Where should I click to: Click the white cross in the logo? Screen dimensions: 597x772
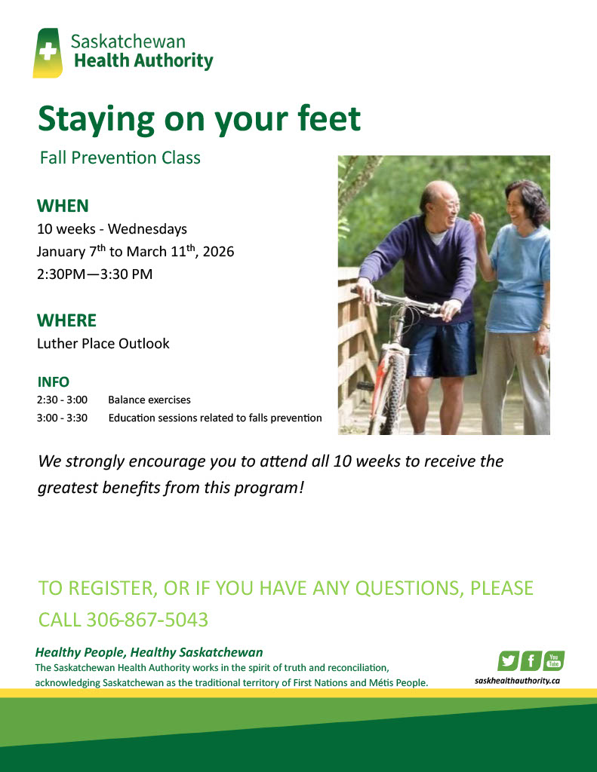click(x=48, y=51)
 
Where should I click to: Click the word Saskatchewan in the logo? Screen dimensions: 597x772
click(x=128, y=41)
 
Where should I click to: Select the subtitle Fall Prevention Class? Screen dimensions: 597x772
click(x=120, y=158)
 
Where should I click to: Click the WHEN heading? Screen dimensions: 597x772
click(x=63, y=206)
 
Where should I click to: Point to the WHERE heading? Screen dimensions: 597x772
click(x=66, y=320)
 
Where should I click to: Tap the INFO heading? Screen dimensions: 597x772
click(x=54, y=382)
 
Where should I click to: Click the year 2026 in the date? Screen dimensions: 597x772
click(x=218, y=252)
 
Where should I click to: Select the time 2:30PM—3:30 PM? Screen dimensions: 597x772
click(x=94, y=274)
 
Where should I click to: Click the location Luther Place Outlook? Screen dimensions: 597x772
click(x=103, y=343)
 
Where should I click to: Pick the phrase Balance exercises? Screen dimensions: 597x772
click(x=149, y=400)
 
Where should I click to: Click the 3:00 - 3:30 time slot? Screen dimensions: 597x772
click(x=62, y=418)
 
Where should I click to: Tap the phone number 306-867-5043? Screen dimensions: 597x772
click(x=147, y=620)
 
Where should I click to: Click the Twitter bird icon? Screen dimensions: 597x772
click(x=508, y=660)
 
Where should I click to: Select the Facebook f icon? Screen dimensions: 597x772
click(x=531, y=660)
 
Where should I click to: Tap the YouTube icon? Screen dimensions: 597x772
click(x=554, y=660)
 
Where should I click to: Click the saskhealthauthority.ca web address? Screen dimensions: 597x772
click(x=517, y=681)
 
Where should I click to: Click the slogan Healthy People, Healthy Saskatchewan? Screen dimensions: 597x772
click(x=149, y=652)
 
